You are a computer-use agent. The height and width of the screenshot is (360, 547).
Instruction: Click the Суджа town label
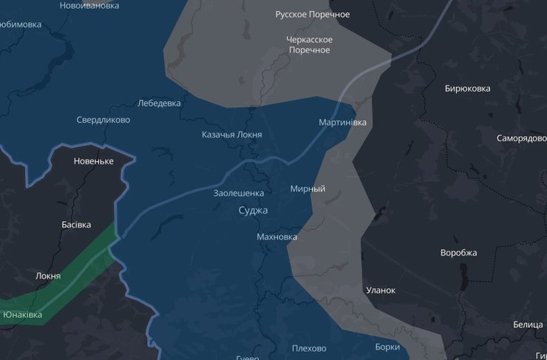(253, 211)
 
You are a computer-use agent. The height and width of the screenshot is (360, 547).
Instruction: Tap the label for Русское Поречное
(312, 14)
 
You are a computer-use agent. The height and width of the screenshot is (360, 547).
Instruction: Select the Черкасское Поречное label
(309, 44)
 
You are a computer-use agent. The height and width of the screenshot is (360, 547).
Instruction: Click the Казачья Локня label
(231, 135)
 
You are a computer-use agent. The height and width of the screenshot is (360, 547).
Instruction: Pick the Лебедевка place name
(159, 103)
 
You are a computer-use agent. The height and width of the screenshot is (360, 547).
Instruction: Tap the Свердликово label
(103, 120)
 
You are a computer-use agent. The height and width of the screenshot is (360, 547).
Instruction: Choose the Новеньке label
(94, 161)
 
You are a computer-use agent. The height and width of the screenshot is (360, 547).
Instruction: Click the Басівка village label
(76, 224)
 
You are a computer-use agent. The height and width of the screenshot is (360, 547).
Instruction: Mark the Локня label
(48, 276)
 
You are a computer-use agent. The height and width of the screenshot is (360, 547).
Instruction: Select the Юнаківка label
(22, 315)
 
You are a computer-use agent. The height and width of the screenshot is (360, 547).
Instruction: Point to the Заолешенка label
(238, 193)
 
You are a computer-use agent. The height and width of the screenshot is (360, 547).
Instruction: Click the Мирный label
(308, 189)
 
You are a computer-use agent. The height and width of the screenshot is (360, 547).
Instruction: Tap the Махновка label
(276, 237)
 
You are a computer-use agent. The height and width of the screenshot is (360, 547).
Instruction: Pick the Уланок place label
(381, 291)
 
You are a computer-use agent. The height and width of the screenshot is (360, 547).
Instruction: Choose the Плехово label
(309, 348)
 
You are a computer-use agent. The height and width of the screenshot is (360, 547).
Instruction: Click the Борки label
(387, 346)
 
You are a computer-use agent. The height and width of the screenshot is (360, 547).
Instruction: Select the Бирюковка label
(467, 89)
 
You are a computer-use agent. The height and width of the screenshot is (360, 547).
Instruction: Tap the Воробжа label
(458, 253)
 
